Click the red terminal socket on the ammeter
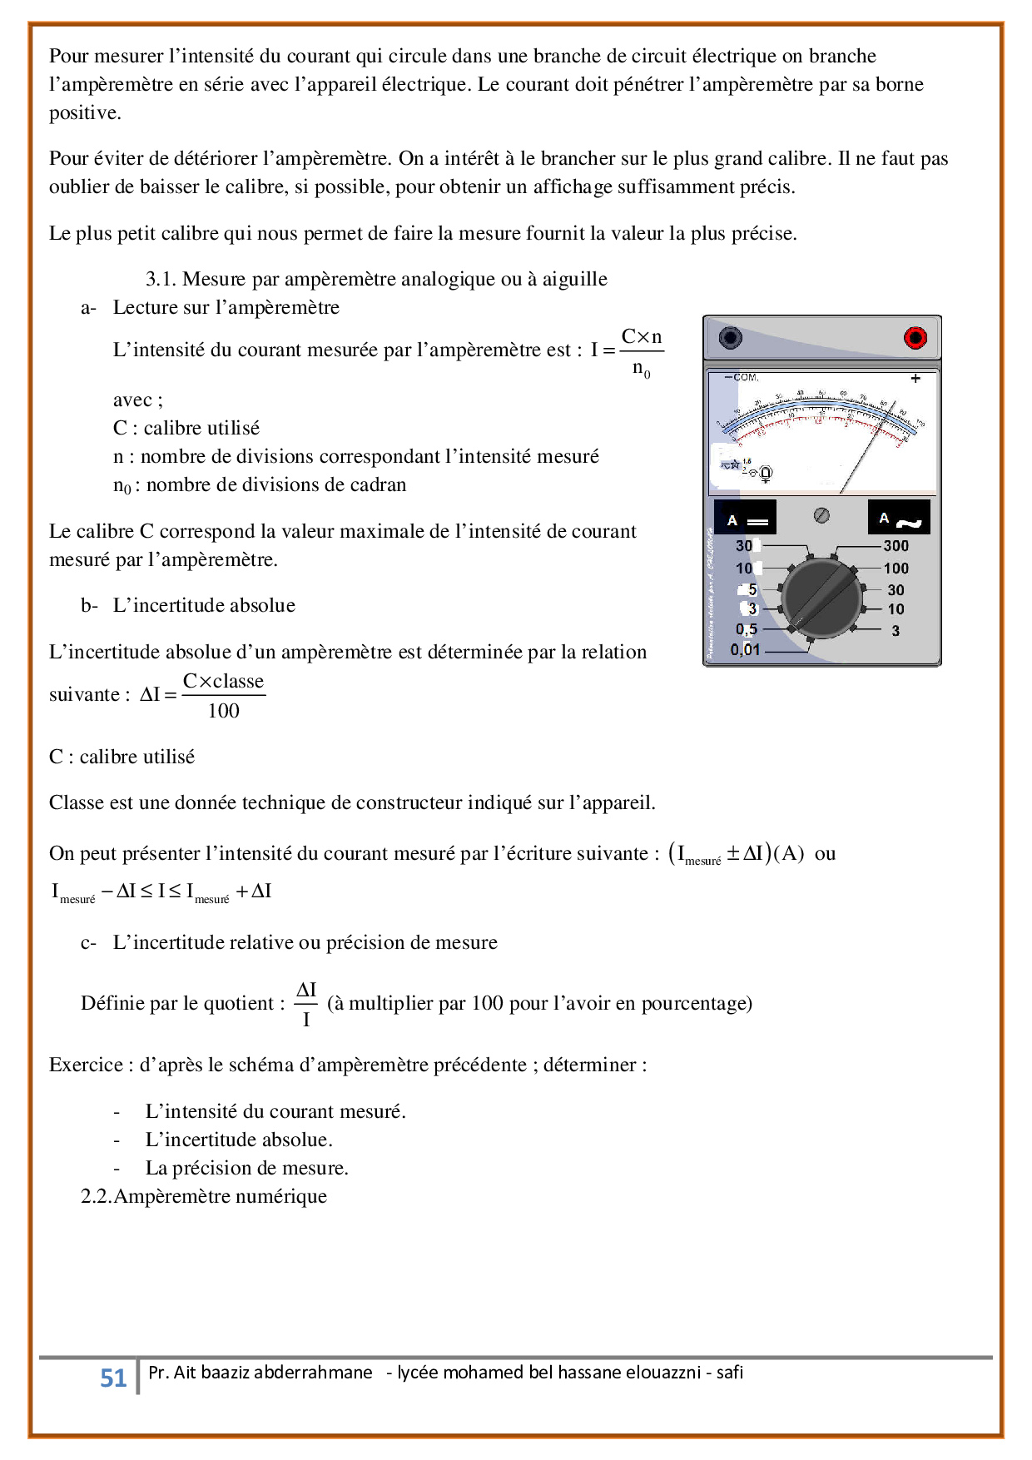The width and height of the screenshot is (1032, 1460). click(915, 338)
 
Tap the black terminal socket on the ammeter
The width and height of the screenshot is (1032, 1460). click(730, 338)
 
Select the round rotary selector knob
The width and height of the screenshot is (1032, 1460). click(821, 598)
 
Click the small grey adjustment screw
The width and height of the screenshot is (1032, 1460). click(821, 515)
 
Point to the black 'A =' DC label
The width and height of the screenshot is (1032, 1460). click(746, 518)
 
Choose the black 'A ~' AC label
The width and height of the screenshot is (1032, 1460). click(899, 518)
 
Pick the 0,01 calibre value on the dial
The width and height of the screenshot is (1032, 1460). click(745, 649)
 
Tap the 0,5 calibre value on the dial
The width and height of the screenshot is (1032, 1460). click(746, 629)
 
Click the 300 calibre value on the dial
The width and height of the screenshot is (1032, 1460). click(896, 546)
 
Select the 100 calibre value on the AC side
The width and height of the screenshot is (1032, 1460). click(896, 569)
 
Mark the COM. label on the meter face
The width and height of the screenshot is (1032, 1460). click(745, 378)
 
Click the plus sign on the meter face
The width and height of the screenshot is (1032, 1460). click(915, 379)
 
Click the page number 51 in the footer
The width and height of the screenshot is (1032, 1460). click(113, 1378)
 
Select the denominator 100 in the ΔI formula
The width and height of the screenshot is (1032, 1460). click(223, 711)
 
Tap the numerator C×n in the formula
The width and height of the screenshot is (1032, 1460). click(642, 337)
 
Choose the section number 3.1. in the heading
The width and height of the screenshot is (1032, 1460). click(161, 279)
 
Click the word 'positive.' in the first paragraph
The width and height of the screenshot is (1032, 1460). click(85, 113)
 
